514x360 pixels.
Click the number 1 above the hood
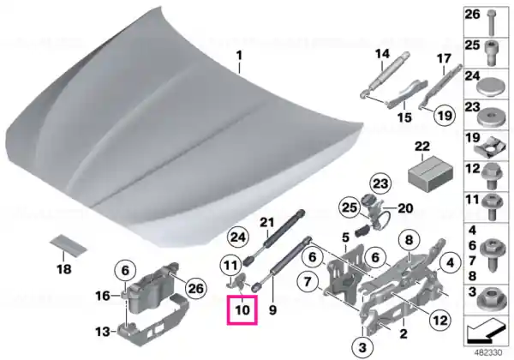pyautogui.click(x=240, y=56)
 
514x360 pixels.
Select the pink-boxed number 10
pyautogui.click(x=242, y=309)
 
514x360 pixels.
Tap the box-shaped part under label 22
pyautogui.click(x=430, y=174)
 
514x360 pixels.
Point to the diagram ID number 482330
pyautogui.click(x=489, y=353)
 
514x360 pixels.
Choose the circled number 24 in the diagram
pyautogui.click(x=238, y=237)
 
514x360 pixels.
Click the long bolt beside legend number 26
pyautogui.click(x=491, y=22)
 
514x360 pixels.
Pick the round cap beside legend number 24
pyautogui.click(x=489, y=87)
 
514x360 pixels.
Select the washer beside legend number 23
pyautogui.click(x=489, y=117)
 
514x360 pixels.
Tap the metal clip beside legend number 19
pyautogui.click(x=489, y=147)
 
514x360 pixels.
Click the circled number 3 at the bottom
pyautogui.click(x=362, y=347)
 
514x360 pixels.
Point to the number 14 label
pyautogui.click(x=382, y=54)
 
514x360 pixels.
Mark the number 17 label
pyautogui.click(x=444, y=59)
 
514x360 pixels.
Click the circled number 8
pyautogui.click(x=409, y=240)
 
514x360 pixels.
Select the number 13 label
pyautogui.click(x=103, y=332)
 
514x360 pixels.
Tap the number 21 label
pyautogui.click(x=266, y=223)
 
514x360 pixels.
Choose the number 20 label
pyautogui.click(x=405, y=208)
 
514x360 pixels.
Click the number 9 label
pyautogui.click(x=272, y=309)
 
